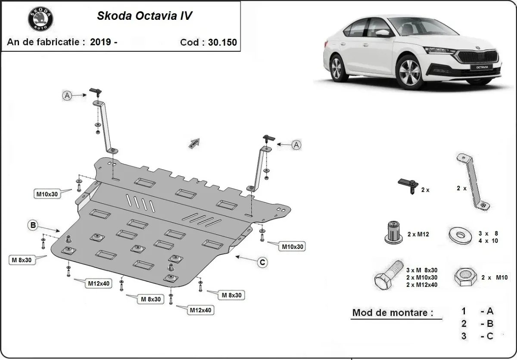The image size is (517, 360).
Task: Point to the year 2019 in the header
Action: click(x=100, y=42)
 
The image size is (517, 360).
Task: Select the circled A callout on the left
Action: click(x=67, y=96)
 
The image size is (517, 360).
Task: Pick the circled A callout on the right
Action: click(x=296, y=145)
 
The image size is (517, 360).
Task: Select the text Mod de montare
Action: click(x=392, y=313)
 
